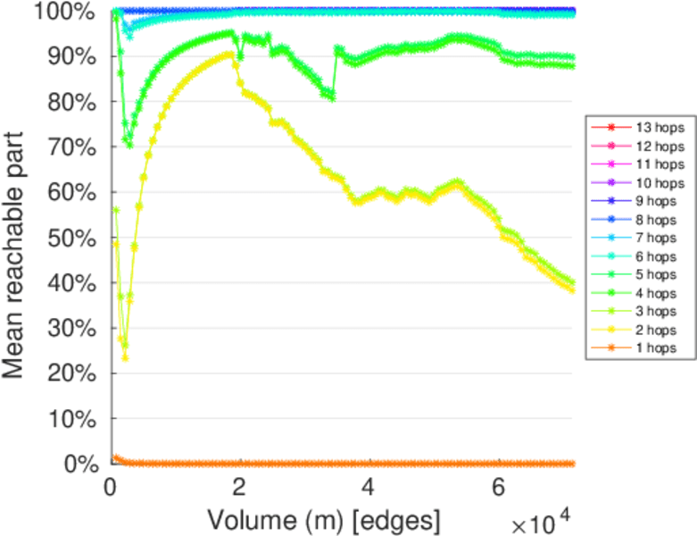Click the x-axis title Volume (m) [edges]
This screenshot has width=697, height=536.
pos(323,519)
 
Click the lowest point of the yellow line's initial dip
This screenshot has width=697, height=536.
pos(125,357)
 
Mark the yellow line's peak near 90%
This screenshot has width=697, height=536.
pos(229,54)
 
